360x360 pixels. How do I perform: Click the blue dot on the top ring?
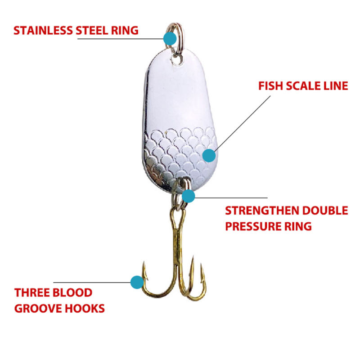point(170,38)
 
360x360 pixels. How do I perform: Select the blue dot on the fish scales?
point(208,156)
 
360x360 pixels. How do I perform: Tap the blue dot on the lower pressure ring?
point(188,196)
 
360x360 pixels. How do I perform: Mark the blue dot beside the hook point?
point(136,282)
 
